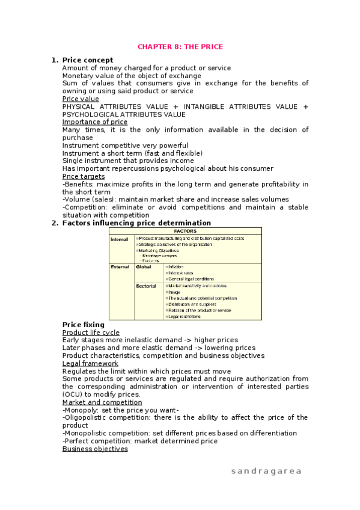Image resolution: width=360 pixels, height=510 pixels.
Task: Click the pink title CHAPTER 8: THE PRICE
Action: (x=180, y=46)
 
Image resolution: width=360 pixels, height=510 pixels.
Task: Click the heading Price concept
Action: (x=87, y=60)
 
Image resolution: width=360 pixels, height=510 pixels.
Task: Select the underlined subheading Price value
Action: (x=81, y=99)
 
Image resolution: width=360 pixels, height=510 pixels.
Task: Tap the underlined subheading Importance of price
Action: (x=95, y=122)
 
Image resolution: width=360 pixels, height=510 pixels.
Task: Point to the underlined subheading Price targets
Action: (x=84, y=176)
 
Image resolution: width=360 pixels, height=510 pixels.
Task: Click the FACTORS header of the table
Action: (x=185, y=231)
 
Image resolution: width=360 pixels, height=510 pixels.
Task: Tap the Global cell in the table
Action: (x=144, y=266)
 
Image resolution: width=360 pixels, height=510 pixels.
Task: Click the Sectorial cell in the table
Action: (x=146, y=286)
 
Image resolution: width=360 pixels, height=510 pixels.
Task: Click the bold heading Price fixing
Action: (x=84, y=325)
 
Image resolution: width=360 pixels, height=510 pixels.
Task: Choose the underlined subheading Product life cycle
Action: (x=91, y=333)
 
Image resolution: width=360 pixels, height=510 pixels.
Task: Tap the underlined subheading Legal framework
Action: (x=90, y=363)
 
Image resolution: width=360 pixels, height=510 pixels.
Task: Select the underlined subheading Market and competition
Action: (x=102, y=402)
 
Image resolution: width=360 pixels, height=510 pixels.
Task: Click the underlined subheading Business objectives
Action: (x=95, y=449)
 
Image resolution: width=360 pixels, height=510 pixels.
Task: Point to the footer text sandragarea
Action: (x=266, y=471)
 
